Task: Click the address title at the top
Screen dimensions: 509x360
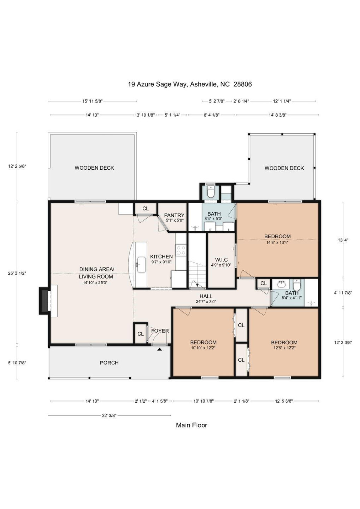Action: (190, 84)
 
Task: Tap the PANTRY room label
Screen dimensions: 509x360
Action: (174, 215)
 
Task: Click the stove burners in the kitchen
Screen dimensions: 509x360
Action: (181, 250)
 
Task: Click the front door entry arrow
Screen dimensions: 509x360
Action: (160, 349)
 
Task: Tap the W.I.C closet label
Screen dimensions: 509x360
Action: (222, 260)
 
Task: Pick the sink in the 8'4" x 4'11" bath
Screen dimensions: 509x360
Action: (282, 285)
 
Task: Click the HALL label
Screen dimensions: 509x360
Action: (206, 296)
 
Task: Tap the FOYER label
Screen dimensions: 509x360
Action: (160, 331)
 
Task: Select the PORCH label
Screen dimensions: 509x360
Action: (109, 363)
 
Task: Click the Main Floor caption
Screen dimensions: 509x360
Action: (191, 425)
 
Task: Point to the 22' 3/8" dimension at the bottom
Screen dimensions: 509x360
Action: (109, 415)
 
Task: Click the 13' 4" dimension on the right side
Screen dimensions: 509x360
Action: (343, 240)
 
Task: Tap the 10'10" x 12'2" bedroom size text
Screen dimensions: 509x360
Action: (203, 348)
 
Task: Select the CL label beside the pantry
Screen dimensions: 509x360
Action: (146, 209)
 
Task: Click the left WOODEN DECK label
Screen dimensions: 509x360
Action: (94, 168)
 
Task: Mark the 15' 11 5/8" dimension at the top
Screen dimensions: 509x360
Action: (93, 101)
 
